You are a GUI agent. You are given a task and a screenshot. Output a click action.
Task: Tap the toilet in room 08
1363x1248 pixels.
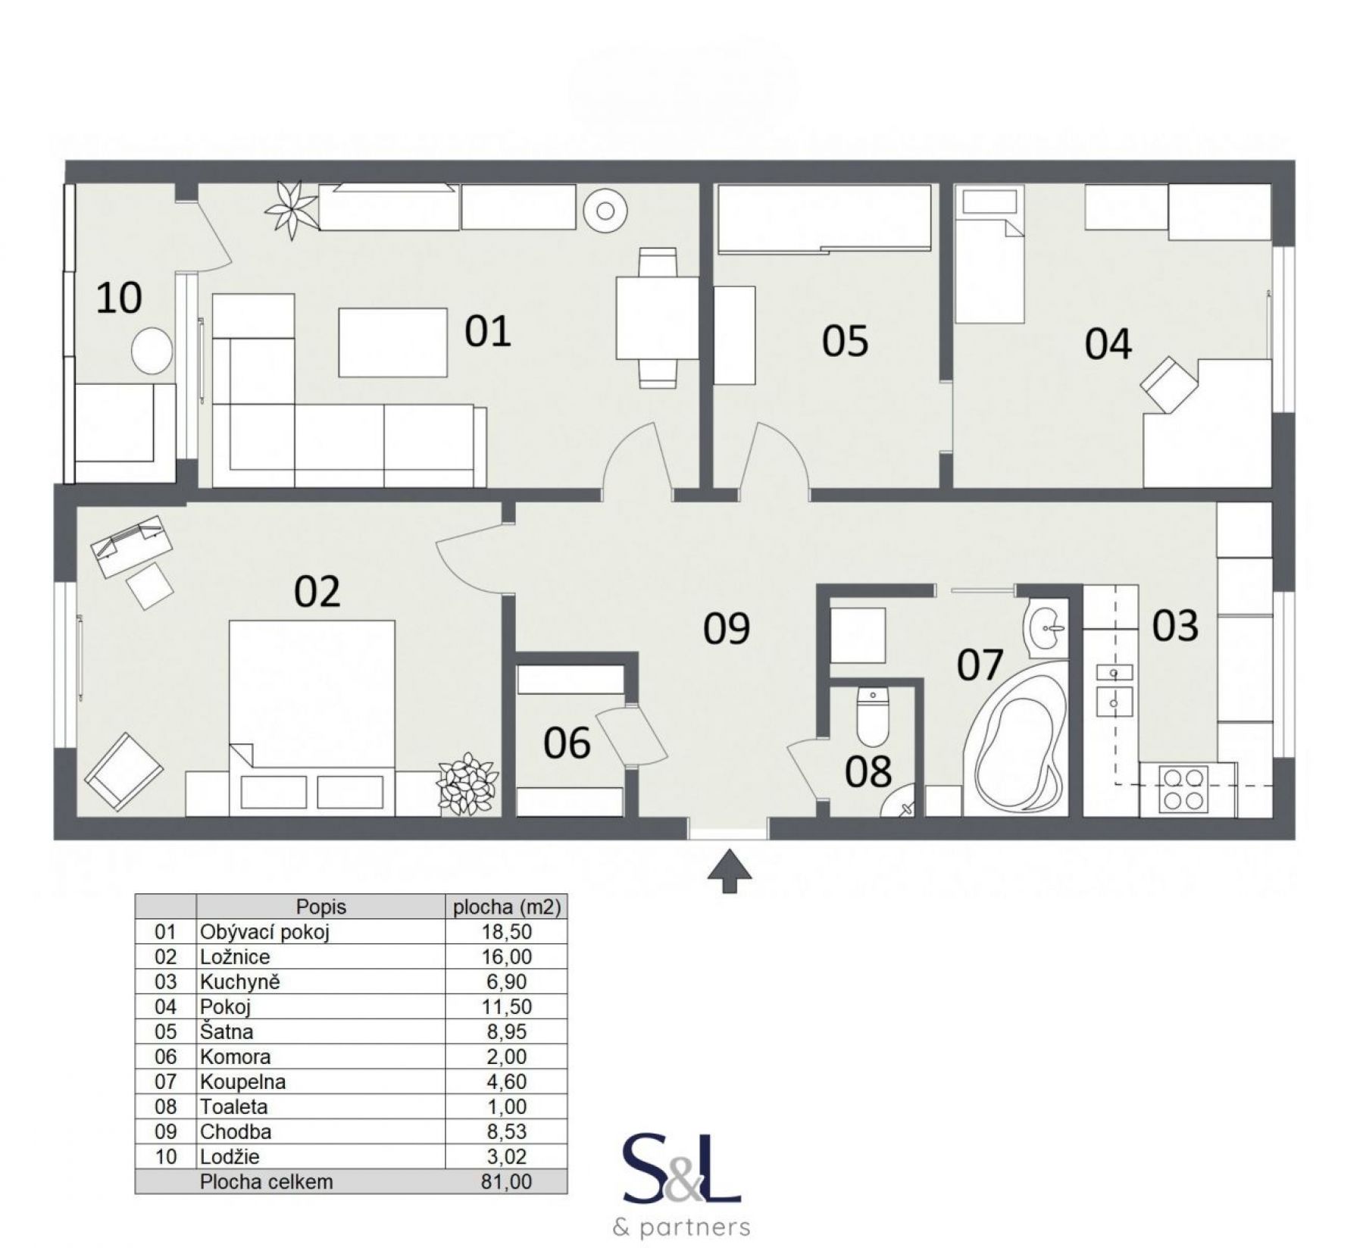(x=873, y=716)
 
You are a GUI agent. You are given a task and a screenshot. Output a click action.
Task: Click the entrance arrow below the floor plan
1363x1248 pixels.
(x=730, y=871)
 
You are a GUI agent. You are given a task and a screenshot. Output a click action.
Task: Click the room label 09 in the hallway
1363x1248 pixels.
(x=727, y=628)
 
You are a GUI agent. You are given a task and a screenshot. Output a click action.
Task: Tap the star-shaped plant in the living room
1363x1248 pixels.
(x=291, y=209)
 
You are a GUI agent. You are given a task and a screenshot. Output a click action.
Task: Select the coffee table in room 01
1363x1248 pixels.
(x=392, y=342)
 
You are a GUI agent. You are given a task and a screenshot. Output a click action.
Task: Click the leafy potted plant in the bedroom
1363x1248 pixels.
(x=467, y=784)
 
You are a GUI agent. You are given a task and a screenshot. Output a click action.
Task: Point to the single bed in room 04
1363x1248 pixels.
(x=989, y=256)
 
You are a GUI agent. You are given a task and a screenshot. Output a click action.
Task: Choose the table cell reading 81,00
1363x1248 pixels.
(x=506, y=1181)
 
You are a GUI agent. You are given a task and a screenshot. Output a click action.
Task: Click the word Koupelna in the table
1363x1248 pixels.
(x=242, y=1081)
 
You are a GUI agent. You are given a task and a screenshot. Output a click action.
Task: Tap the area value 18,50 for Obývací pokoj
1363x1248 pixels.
(x=506, y=931)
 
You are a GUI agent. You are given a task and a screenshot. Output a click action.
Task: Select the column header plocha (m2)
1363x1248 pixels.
(x=506, y=907)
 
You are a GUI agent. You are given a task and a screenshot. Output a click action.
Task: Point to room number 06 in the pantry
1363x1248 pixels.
(x=567, y=743)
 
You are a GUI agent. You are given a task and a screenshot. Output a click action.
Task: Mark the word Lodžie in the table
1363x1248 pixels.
(x=230, y=1156)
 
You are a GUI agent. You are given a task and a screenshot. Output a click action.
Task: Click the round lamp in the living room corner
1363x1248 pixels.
(x=605, y=210)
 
